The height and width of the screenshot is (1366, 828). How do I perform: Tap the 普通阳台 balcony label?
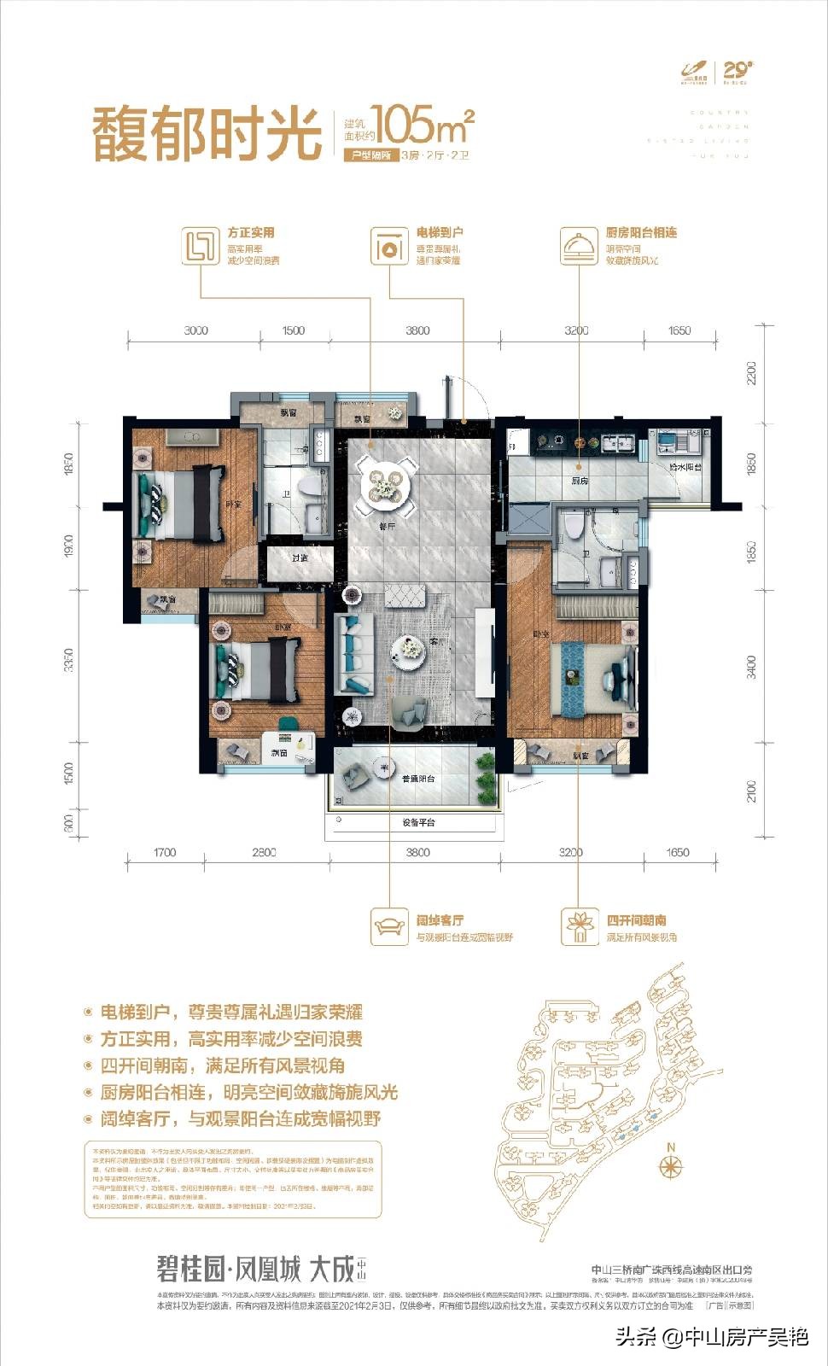tap(418, 778)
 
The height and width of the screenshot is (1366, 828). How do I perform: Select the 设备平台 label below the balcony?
tap(418, 823)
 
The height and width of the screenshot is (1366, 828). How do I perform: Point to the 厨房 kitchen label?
tap(580, 482)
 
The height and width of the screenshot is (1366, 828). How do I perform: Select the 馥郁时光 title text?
tap(205, 135)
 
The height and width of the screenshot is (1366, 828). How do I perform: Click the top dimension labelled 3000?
tap(195, 330)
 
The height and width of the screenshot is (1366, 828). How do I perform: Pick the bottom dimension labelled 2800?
tap(264, 852)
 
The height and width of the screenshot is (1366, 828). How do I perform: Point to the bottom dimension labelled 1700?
tap(164, 852)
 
